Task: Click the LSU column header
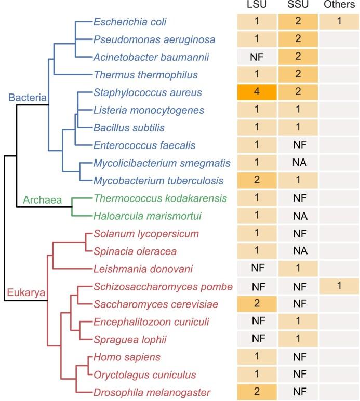256,6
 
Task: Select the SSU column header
299,6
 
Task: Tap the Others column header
339,6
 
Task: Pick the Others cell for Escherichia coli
339,22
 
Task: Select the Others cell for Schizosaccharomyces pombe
339,286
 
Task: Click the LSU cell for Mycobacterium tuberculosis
256,180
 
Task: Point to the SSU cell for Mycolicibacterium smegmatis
299,163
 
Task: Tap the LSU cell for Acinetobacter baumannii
256,57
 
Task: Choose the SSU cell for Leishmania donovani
299,269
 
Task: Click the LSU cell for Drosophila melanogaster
256,392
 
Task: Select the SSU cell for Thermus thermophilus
299,75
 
